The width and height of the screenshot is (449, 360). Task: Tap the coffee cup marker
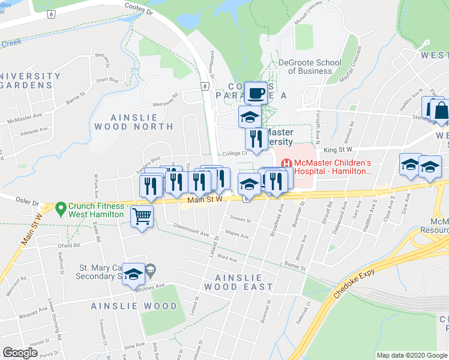pos(256,93)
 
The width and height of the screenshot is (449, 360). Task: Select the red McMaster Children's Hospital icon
pos(286,163)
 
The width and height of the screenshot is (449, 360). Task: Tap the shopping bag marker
pos(441,109)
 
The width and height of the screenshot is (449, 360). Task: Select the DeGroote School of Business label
pos(310,67)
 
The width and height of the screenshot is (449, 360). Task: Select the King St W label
pos(337,149)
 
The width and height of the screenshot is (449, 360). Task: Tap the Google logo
pos(20,353)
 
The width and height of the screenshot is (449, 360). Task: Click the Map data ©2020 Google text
pos(412,355)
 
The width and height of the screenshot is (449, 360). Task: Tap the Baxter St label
pos(296,263)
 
